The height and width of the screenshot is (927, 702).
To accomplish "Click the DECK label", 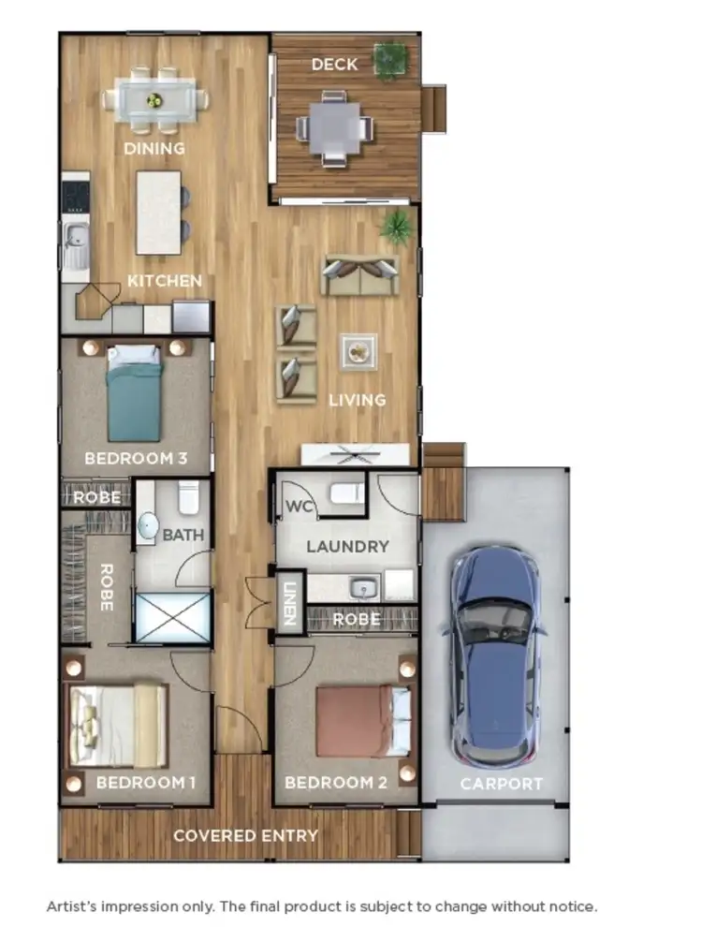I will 334,65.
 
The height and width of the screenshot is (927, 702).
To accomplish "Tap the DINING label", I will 155,149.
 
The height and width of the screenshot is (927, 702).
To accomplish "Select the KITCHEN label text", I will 165,281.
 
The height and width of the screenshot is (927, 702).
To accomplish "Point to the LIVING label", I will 357,401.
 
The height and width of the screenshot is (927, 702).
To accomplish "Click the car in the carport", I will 494,655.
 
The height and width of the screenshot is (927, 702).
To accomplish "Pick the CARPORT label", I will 502,784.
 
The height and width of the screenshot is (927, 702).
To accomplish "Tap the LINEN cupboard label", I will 290,605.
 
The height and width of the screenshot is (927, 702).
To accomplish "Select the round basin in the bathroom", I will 148,528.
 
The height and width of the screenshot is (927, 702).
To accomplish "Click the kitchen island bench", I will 158,212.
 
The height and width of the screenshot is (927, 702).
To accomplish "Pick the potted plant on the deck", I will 389,59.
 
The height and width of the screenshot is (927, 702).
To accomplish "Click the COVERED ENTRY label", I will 245,835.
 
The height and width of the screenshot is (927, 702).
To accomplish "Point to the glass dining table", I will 155,97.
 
